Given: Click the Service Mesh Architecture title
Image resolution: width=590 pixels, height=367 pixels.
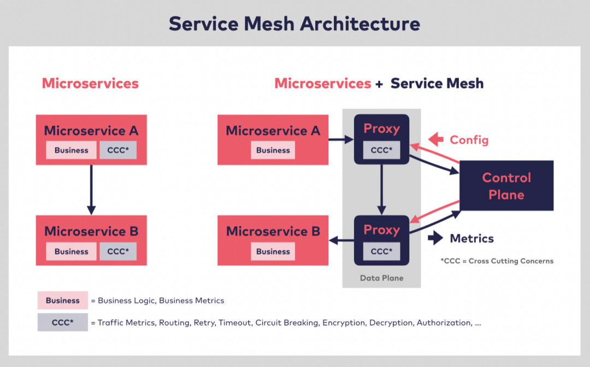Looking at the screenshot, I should point(294,23).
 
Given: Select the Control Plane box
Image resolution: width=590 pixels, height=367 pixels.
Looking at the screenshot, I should point(506,186).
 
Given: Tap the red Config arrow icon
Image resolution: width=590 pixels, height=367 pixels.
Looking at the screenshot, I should point(436,140).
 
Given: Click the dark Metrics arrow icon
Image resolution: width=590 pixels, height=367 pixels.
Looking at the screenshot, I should point(435,238).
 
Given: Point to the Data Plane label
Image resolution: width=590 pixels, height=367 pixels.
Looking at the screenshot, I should point(381,278).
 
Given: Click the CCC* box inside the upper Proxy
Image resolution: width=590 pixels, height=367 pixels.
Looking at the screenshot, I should point(381,150).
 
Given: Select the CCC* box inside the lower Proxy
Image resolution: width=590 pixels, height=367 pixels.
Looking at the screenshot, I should point(381,251).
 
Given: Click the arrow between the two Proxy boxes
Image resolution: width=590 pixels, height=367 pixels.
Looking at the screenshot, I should point(381,189).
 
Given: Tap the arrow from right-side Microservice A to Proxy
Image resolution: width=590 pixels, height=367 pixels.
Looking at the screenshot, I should point(341,140).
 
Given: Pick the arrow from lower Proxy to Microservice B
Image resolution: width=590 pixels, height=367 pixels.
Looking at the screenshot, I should point(341,239).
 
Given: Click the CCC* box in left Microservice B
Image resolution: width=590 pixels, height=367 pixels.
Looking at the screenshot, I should point(118,251).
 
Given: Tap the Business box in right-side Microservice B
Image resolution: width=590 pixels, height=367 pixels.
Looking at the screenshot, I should point(273,251).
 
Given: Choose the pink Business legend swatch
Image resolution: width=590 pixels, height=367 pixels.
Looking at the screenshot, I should point(62,300).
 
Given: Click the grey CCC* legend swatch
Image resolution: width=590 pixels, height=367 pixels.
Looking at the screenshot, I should point(62,322).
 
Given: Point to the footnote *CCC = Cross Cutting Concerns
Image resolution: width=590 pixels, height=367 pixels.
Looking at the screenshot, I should point(497,261).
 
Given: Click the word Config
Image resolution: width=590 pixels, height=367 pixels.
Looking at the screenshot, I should point(469,140).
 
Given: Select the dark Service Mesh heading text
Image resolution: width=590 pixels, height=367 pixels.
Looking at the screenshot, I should point(437,84).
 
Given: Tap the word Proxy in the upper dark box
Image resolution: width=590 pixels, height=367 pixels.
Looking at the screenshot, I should point(381,129).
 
